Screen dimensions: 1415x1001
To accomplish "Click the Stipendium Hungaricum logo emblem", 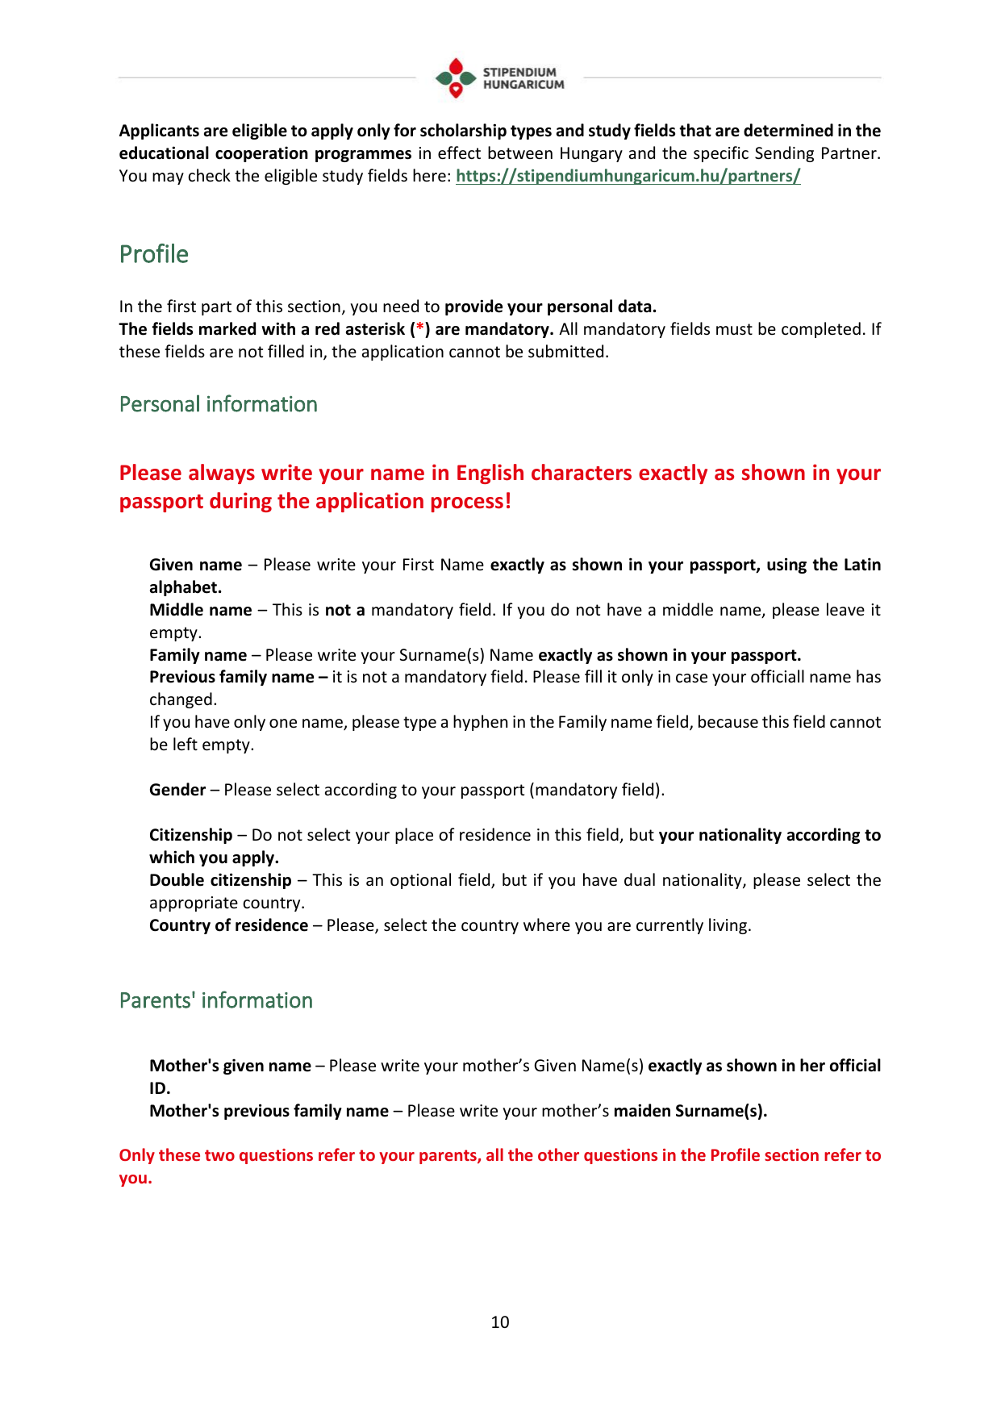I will (x=456, y=78).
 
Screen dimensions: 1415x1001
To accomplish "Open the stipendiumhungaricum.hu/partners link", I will (x=628, y=176).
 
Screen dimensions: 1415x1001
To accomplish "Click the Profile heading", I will (x=153, y=254).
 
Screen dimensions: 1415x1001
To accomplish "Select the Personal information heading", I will (x=218, y=404).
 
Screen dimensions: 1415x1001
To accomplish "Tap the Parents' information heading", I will (x=215, y=1000).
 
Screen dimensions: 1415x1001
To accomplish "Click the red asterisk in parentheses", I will (x=419, y=329).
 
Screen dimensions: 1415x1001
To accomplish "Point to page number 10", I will (x=500, y=1321).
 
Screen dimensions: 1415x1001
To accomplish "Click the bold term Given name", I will (x=195, y=565).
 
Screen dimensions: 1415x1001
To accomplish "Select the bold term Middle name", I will (x=200, y=610).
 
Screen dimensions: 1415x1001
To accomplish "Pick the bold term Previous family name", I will (x=231, y=677).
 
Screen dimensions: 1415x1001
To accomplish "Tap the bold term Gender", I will (x=177, y=790).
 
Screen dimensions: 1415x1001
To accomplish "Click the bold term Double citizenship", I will (x=220, y=880).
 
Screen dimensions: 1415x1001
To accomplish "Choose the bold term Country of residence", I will (x=228, y=925).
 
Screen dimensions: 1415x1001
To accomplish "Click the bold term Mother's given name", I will (x=230, y=1066).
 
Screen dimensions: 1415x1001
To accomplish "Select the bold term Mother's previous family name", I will (x=269, y=1111).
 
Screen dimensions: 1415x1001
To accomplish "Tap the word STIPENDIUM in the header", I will (x=519, y=72).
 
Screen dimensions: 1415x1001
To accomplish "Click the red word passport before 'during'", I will (x=161, y=501).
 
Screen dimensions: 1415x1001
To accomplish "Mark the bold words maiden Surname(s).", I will (x=690, y=1111).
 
